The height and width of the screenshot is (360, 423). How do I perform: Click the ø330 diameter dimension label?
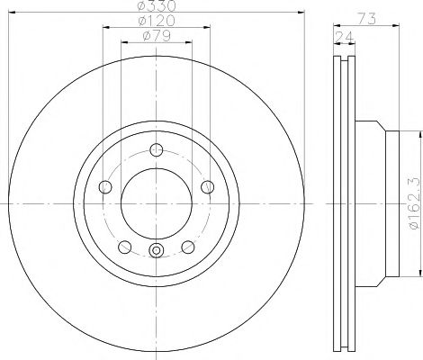(x=156, y=5)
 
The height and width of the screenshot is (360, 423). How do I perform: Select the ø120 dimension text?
(x=156, y=21)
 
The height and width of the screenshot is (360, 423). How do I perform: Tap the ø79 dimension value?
(x=157, y=36)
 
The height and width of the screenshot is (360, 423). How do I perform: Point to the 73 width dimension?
(x=367, y=19)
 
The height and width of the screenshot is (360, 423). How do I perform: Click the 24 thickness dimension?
(x=345, y=37)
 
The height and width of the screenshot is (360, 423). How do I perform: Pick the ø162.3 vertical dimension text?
(x=416, y=203)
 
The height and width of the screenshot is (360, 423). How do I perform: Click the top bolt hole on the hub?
(x=157, y=149)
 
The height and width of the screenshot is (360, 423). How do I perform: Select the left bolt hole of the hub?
(x=105, y=187)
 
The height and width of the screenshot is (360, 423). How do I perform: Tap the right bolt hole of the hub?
(x=207, y=187)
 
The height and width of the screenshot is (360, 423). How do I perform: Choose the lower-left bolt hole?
(x=125, y=247)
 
